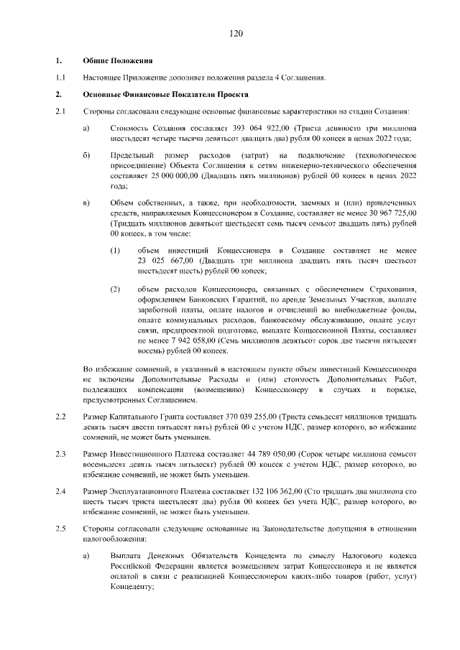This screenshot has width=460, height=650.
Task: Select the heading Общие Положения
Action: point(117,60)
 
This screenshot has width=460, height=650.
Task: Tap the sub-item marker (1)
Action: point(115,251)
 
